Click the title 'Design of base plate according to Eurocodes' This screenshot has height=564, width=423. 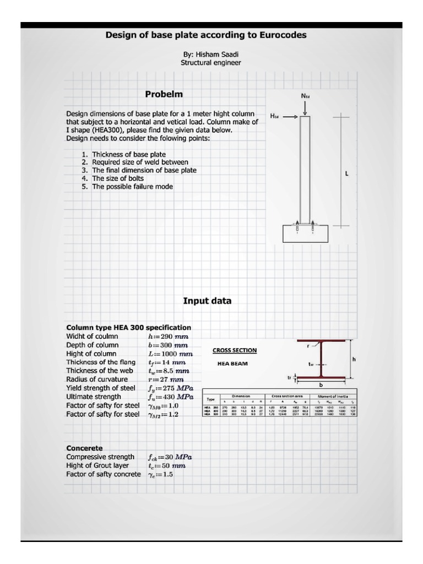[x=206, y=35]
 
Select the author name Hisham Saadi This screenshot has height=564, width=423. [x=210, y=54]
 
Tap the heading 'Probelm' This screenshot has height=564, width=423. [x=164, y=94]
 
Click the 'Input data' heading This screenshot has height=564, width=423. [x=207, y=301]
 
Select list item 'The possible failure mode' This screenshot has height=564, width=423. [x=132, y=187]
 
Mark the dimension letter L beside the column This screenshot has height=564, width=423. [x=346, y=173]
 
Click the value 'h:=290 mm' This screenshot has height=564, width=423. [x=168, y=336]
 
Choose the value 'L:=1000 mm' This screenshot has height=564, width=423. [x=170, y=354]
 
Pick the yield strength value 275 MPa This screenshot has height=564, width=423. [x=170, y=388]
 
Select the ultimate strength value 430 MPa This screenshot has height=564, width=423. [x=170, y=397]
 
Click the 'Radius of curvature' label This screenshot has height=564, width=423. [x=97, y=379]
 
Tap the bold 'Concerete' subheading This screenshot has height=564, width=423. [x=84, y=448]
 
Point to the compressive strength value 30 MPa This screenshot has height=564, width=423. [x=170, y=457]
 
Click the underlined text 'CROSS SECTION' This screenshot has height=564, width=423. [x=234, y=350]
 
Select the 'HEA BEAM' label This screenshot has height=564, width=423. [x=232, y=364]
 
